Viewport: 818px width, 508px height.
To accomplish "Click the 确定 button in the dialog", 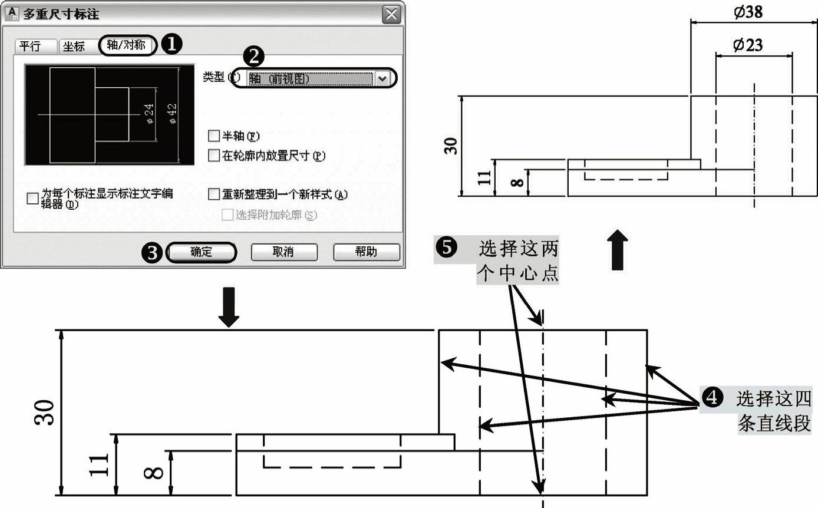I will (x=202, y=252).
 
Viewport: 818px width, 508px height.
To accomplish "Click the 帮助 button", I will (x=366, y=252).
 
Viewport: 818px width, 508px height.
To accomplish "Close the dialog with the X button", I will (x=390, y=14).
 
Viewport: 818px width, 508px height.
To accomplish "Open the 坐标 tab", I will (x=74, y=47).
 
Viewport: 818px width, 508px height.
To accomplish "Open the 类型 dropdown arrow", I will (x=383, y=78).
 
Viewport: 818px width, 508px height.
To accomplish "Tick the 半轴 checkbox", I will (x=214, y=137).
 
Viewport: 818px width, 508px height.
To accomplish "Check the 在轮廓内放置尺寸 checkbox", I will (x=214, y=156).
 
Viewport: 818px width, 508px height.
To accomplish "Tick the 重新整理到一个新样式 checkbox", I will (x=214, y=194).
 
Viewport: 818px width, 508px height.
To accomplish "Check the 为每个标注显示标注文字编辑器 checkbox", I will (x=32, y=199).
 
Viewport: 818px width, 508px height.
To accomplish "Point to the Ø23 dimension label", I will (x=748, y=45).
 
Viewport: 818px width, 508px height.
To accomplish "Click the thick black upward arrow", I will (x=617, y=250).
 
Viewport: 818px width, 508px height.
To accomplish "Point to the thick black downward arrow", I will (x=229, y=306).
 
